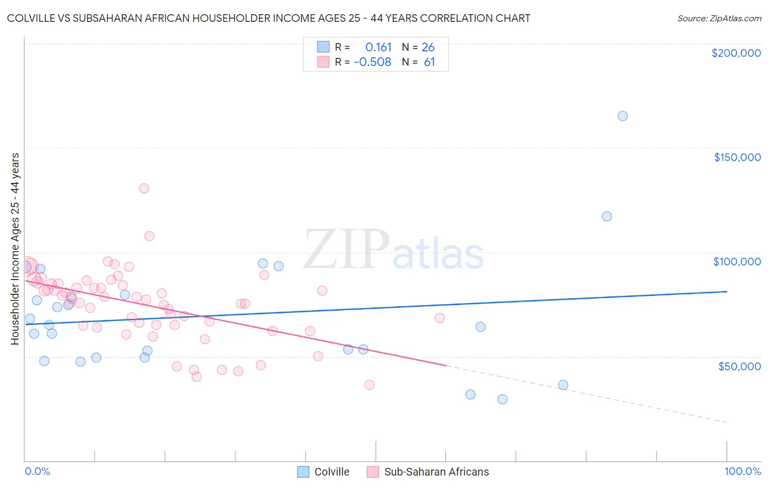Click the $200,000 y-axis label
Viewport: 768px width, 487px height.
tap(736, 53)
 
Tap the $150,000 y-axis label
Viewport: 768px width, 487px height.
tap(737, 157)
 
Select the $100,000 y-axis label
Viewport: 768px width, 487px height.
tap(737, 262)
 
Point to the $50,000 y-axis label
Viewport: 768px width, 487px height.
tap(739, 366)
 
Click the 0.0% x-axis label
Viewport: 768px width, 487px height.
tap(37, 471)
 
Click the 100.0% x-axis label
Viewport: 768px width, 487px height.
tap(742, 471)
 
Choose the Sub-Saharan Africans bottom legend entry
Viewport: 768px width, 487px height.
tap(428, 472)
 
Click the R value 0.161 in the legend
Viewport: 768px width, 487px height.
tap(379, 47)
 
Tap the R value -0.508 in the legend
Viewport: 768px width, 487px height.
tap(373, 62)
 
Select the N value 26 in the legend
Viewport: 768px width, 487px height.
tap(428, 47)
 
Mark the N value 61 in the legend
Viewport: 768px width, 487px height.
tap(429, 62)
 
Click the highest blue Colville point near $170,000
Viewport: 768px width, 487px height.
tap(622, 116)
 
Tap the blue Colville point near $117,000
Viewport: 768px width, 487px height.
tap(607, 216)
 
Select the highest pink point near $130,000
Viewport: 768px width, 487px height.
tap(144, 188)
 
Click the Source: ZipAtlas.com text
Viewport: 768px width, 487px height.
tap(719, 19)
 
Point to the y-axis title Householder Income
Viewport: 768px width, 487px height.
tap(15, 249)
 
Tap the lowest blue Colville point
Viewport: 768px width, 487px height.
tap(503, 399)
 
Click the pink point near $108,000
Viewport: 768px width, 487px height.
tap(149, 236)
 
